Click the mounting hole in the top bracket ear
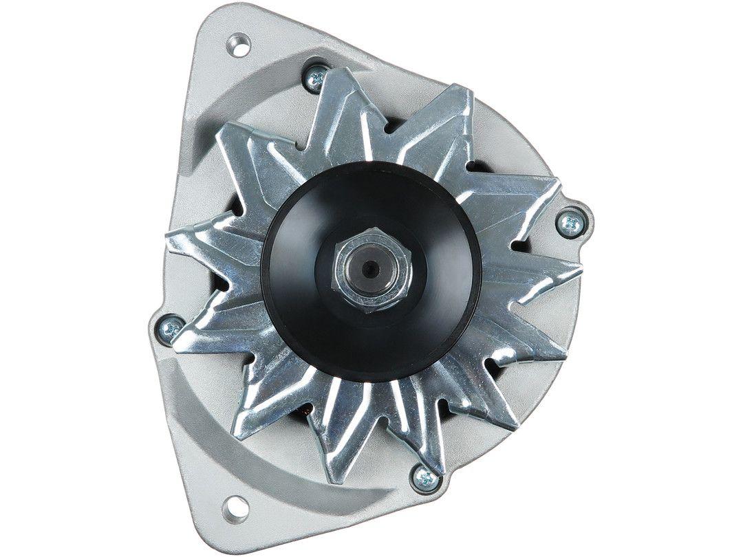(239, 46)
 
